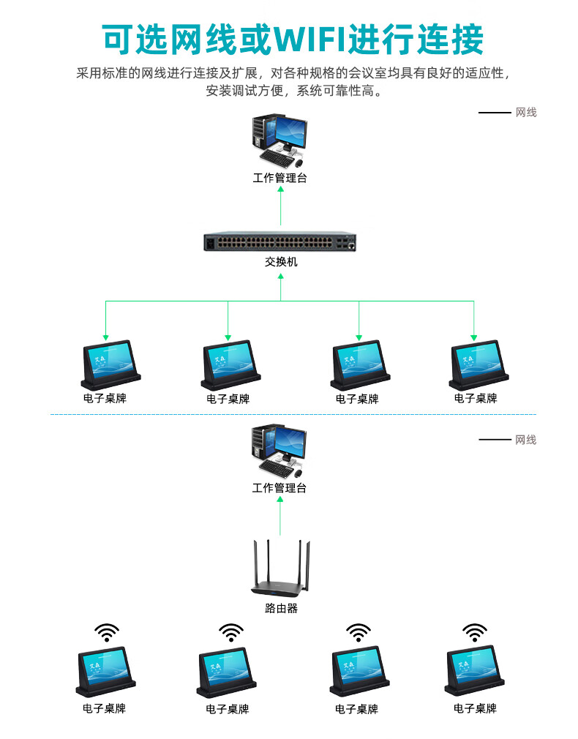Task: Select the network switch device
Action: (x=280, y=242)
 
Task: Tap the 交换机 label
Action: (x=281, y=262)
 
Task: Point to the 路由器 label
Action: (x=281, y=608)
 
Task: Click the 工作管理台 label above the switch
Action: (x=279, y=178)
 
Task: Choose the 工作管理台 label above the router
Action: (x=279, y=488)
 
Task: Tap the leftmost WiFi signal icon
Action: (x=107, y=633)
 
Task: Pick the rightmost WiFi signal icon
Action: (x=475, y=633)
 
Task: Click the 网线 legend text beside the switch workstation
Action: (x=526, y=113)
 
